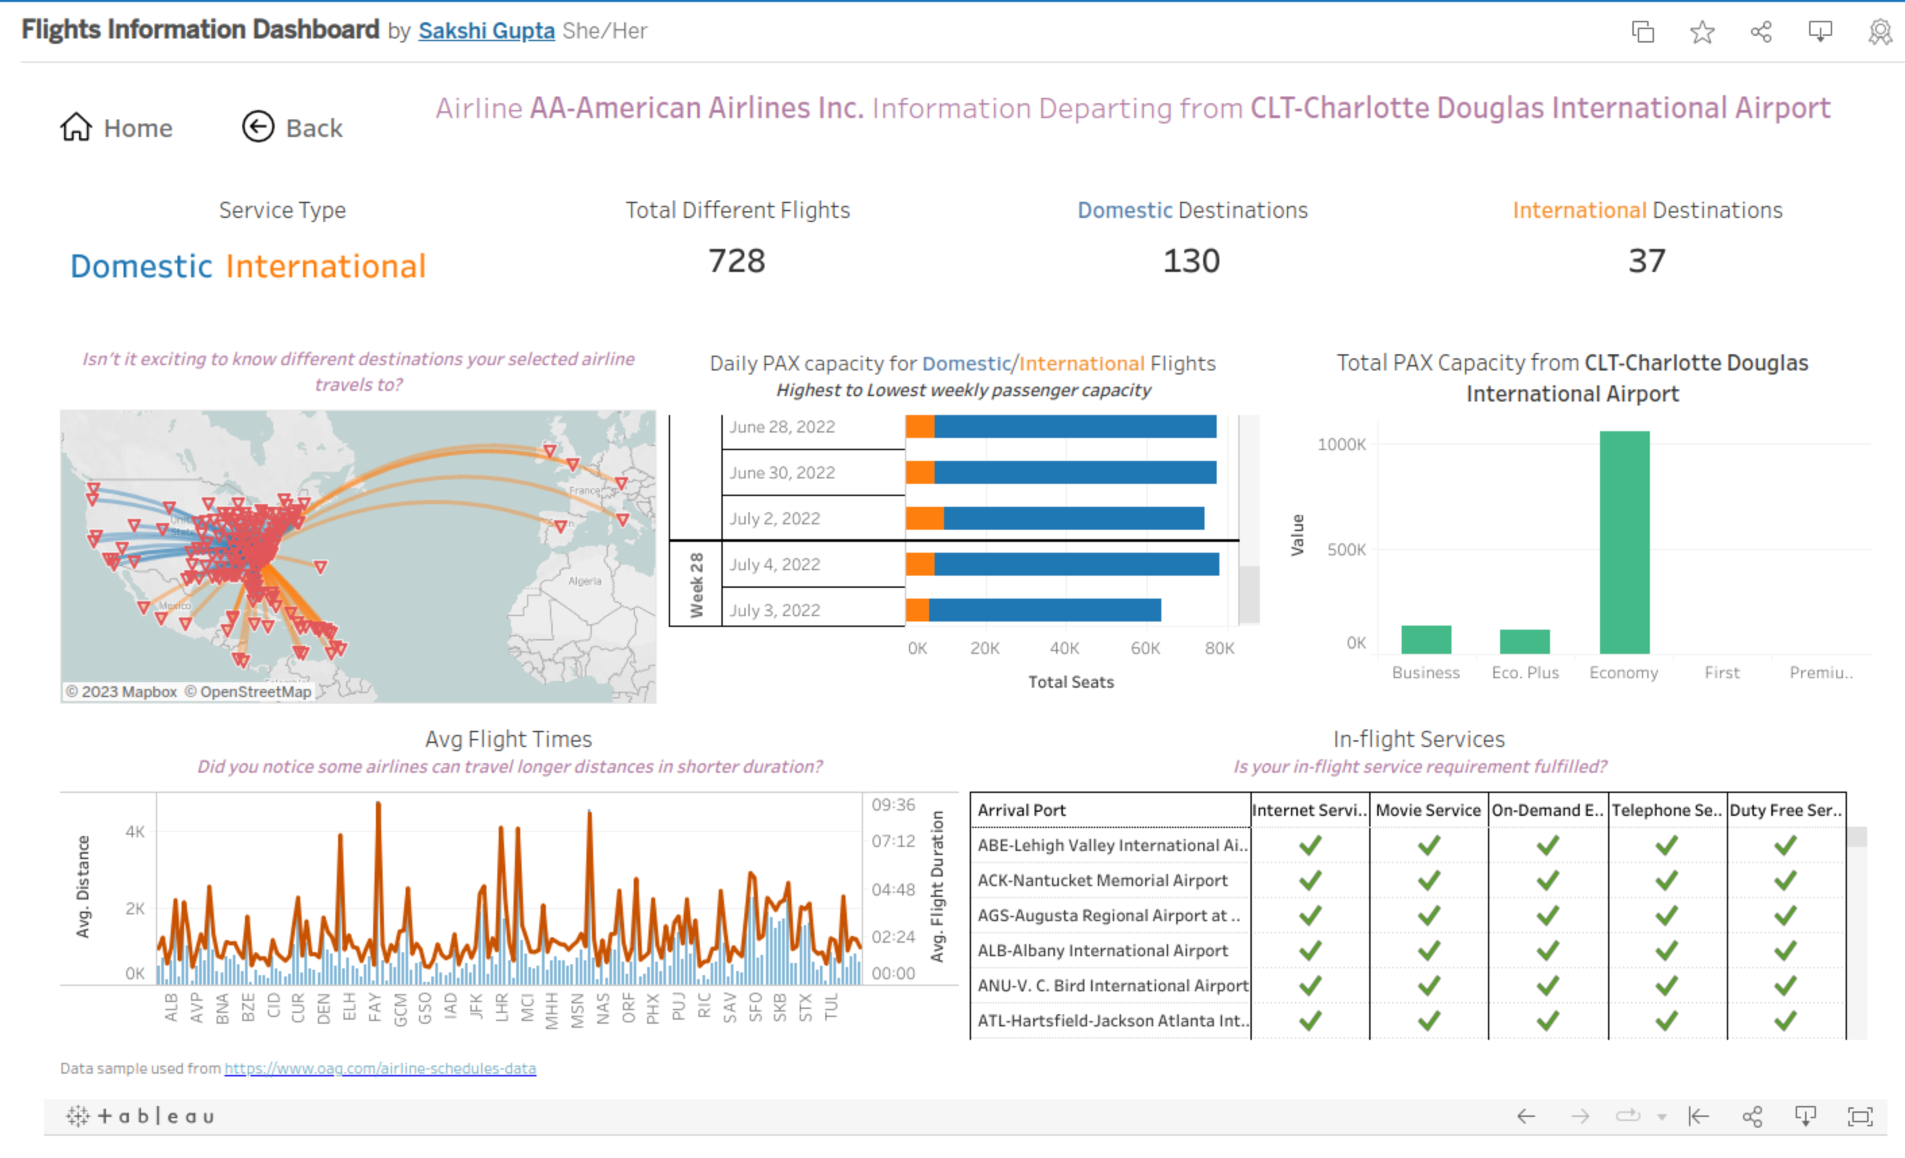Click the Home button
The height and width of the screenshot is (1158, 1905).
[117, 128]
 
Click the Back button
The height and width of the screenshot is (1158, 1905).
[292, 128]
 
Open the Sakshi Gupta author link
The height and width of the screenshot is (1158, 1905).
[487, 31]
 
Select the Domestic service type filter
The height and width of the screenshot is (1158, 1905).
[141, 267]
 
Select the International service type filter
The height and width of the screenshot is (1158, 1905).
[325, 267]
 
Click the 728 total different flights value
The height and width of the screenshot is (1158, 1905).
[736, 261]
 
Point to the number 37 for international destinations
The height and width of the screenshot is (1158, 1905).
[1646, 261]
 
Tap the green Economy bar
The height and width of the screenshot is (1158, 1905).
[1624, 541]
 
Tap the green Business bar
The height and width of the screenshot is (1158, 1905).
[1426, 639]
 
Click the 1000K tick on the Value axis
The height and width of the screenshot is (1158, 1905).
[1342, 445]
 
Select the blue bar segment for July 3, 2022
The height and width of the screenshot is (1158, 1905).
[1044, 610]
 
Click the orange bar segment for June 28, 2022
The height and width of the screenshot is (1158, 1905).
[919, 426]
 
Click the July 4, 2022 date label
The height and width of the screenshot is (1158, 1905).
[775, 564]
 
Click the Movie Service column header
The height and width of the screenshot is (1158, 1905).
[1428, 810]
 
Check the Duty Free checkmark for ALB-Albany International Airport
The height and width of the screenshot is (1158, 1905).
[1784, 950]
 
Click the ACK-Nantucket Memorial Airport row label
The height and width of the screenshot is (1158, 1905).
[1102, 881]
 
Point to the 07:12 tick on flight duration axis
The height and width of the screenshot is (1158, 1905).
[893, 841]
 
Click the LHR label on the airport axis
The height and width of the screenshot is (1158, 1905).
[502, 1006]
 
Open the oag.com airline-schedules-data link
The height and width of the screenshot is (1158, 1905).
[380, 1068]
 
